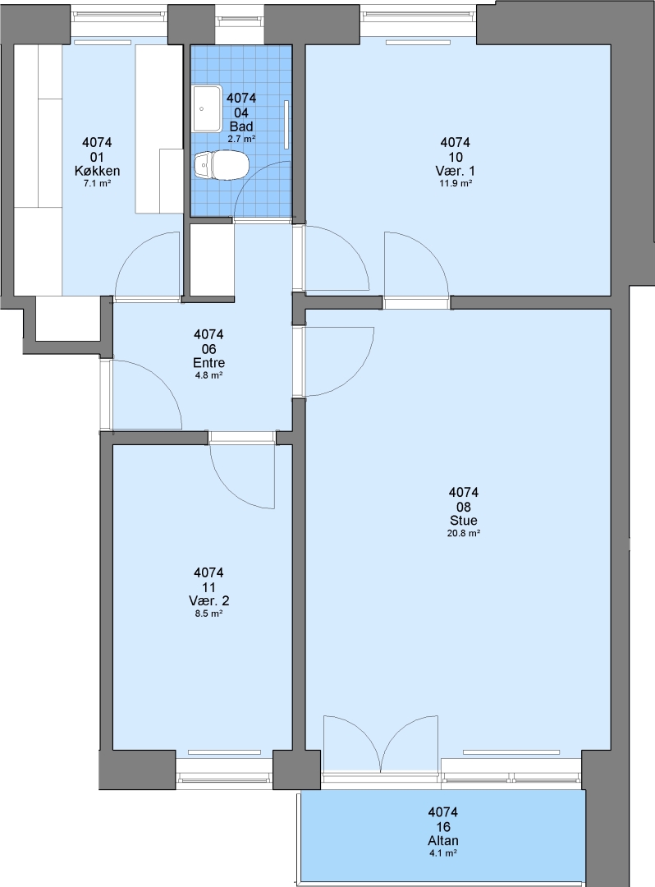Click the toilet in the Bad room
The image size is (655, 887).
[x=221, y=165]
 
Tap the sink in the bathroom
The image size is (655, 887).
[x=207, y=108]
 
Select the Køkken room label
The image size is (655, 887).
[x=97, y=171]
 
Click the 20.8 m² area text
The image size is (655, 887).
[x=464, y=533]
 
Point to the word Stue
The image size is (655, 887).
[x=464, y=521]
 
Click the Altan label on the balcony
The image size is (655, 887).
[x=443, y=841]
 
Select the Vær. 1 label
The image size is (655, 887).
[x=456, y=171]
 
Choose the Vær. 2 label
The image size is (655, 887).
[x=209, y=600]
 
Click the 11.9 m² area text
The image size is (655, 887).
[x=456, y=183]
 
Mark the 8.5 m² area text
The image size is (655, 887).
[x=209, y=614]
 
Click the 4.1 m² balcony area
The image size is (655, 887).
[x=443, y=853]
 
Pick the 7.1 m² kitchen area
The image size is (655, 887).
[x=97, y=183]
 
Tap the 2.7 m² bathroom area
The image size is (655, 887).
[x=241, y=139]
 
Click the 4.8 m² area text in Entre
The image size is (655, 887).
[x=209, y=375]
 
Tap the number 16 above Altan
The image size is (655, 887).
[x=443, y=826]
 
